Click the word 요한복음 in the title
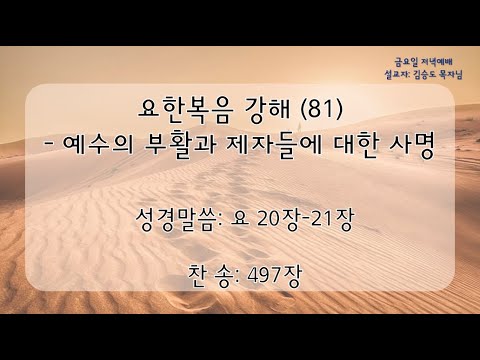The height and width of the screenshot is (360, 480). [184, 111]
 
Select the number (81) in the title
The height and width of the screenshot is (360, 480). [321, 110]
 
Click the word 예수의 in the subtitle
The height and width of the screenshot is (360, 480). [98, 146]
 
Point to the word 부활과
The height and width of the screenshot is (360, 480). [180, 147]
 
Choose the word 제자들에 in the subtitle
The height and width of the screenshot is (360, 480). [274, 147]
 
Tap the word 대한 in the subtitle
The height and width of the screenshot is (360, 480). [355, 147]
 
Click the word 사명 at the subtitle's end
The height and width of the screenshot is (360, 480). [412, 147]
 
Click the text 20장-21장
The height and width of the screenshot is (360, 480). [305, 220]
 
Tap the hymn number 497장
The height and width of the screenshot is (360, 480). [274, 276]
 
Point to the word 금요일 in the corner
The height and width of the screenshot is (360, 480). [406, 62]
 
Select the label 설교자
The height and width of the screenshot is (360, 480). [397, 75]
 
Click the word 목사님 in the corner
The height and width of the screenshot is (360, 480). [451, 75]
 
